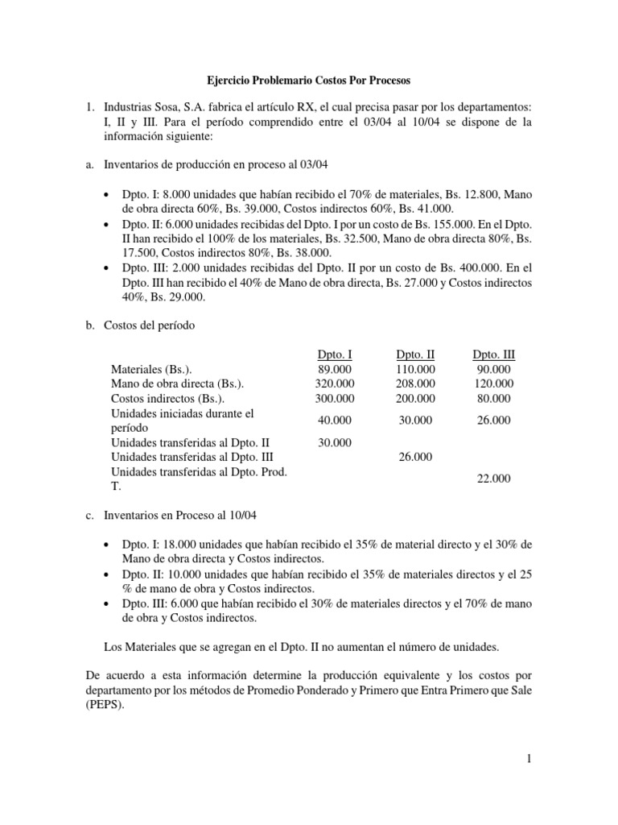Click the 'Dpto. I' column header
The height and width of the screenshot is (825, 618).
(334, 354)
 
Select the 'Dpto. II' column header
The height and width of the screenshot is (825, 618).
(415, 354)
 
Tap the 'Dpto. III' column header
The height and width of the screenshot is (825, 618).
(494, 354)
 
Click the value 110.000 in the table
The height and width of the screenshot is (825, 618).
(415, 368)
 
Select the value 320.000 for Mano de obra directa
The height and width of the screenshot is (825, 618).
(334, 383)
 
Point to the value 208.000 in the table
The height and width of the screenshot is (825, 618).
(415, 383)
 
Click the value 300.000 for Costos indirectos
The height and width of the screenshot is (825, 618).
(334, 398)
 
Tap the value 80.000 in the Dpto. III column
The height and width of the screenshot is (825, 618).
(494, 398)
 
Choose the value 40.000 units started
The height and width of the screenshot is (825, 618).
(334, 421)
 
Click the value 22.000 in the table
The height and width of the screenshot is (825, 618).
(494, 479)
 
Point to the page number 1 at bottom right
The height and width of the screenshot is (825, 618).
(528, 757)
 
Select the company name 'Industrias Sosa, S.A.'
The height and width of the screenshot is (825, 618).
(161, 108)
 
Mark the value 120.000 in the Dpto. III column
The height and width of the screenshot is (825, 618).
(494, 383)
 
